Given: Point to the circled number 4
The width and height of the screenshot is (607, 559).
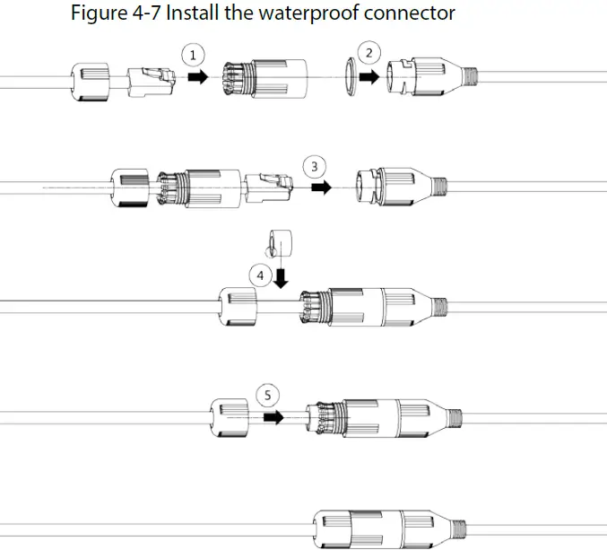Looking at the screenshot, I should pyautogui.click(x=260, y=275).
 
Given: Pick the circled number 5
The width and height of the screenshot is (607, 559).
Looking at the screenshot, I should pyautogui.click(x=266, y=395).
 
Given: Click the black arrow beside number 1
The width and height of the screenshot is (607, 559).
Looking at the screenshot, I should pyautogui.click(x=197, y=77).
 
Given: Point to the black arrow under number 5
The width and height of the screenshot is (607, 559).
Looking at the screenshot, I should pyautogui.click(x=273, y=417).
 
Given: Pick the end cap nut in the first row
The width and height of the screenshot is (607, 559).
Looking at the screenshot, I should pyautogui.click(x=90, y=80).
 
